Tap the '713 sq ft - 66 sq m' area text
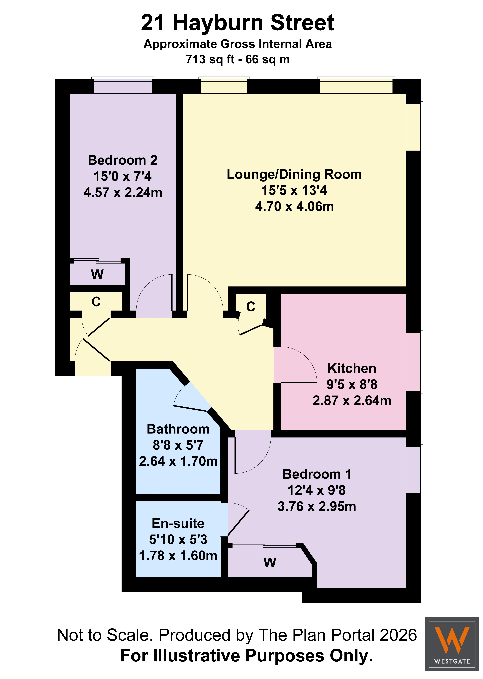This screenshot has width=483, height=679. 238,59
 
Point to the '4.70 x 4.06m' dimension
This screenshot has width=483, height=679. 294,206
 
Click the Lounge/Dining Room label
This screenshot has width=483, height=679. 294,174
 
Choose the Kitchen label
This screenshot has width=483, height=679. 352,368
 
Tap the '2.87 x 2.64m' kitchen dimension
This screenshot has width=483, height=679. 352,400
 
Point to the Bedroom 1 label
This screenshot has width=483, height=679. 317,474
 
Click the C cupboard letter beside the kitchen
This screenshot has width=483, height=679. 251,307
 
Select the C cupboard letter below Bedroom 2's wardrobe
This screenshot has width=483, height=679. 96,302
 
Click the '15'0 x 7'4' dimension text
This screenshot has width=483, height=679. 123,176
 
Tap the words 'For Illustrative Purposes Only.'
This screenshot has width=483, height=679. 247,656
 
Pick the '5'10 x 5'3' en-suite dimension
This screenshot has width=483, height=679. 178,539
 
